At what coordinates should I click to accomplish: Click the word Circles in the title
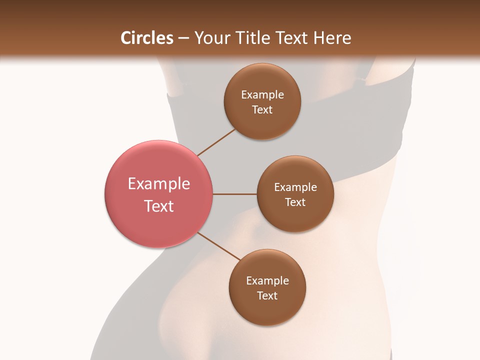point(147,38)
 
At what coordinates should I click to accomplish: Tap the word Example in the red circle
point(159,184)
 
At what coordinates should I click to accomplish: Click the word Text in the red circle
point(159,206)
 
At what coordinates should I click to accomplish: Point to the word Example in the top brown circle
point(262,95)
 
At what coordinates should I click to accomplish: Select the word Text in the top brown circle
point(262,109)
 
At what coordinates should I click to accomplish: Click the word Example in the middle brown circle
point(295,187)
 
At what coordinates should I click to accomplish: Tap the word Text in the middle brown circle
point(295,202)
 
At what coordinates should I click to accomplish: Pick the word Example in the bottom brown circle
point(267,281)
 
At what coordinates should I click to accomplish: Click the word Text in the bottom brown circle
point(267,295)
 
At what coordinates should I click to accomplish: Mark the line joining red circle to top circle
point(216,142)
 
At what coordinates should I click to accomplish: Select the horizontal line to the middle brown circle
point(235,194)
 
